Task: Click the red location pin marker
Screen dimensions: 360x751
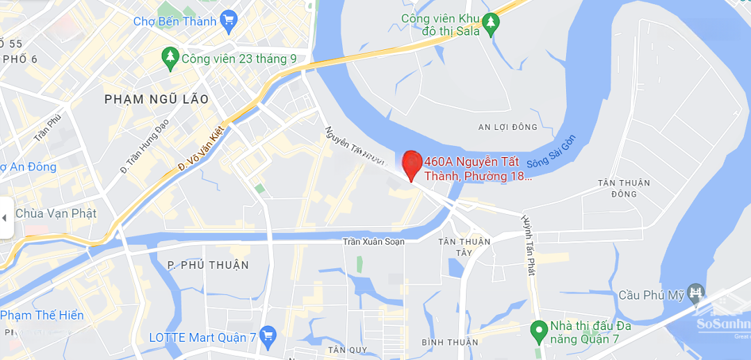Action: pos(412,164)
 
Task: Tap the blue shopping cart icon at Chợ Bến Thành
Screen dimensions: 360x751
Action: pos(227,21)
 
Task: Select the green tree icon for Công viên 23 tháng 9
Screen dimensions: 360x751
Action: pos(170,58)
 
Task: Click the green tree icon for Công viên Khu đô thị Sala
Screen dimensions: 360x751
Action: pos(491,24)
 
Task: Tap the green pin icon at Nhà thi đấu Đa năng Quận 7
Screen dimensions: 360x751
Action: pos(538,332)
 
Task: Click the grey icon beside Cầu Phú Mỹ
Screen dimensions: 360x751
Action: pos(696,295)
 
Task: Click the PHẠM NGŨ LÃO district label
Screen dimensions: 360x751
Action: pos(156,99)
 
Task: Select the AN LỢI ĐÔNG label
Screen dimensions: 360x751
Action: pos(508,127)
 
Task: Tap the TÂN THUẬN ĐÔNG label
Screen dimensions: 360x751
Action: pos(624,188)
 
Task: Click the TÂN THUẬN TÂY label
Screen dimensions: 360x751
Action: pos(465,247)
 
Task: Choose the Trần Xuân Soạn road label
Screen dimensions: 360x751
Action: pos(373,242)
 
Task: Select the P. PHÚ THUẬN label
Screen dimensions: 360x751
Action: pos(208,265)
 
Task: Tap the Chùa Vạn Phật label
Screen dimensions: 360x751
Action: pos(56,213)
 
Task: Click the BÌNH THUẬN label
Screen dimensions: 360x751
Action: pos(450,342)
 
